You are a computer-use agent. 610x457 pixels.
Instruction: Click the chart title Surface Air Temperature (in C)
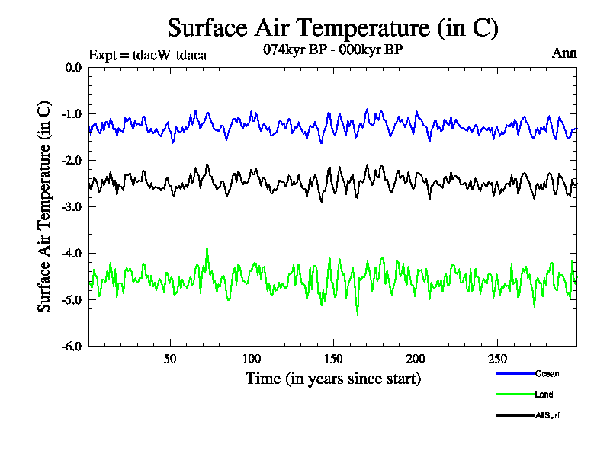[x=332, y=28]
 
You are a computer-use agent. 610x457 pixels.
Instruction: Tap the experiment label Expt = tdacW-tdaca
[x=148, y=54]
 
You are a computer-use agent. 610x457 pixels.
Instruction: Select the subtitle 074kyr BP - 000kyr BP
[x=332, y=50]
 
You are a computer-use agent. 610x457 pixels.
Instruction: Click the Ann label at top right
[x=564, y=53]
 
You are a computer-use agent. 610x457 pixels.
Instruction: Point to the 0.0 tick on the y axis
[x=73, y=68]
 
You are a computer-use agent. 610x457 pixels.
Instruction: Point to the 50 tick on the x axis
[x=170, y=359]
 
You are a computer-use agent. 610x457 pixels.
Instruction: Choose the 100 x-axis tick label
[x=252, y=359]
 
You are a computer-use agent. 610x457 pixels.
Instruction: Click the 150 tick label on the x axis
[x=333, y=359]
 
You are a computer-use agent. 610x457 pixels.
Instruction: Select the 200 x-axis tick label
[x=415, y=359]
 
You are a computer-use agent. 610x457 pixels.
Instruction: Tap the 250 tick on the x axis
[x=496, y=359]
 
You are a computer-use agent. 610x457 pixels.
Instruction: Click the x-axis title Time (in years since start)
[x=332, y=379]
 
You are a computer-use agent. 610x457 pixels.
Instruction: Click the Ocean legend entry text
[x=547, y=374]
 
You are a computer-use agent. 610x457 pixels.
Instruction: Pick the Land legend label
[x=544, y=395]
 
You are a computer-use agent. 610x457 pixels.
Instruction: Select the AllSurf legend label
[x=548, y=415]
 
